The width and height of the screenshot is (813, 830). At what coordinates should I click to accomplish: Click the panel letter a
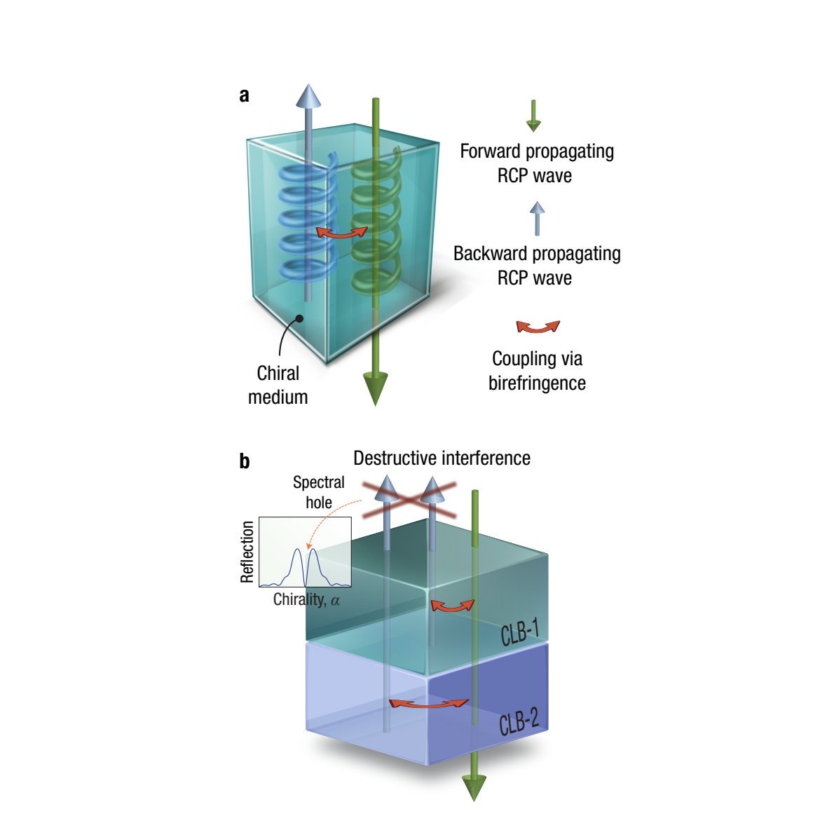tap(244, 95)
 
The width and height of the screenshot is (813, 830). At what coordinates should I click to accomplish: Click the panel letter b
tap(244, 461)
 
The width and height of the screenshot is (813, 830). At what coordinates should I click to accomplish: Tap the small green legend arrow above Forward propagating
tap(533, 116)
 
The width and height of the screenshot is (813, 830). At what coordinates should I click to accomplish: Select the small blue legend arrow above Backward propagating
tap(537, 218)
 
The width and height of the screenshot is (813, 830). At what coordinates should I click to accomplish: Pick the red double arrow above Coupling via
tap(538, 327)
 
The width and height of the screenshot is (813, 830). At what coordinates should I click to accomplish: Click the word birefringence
tap(537, 383)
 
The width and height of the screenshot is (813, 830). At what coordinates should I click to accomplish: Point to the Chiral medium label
tap(278, 385)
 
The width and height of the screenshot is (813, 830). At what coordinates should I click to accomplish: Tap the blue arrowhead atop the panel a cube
tap(308, 96)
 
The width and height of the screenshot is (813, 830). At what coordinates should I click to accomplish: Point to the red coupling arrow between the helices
tap(341, 233)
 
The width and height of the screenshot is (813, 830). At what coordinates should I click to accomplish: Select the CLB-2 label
tap(519, 721)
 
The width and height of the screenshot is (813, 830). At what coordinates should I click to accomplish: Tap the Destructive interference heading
tap(442, 458)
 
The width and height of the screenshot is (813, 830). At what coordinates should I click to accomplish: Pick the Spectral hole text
tap(319, 492)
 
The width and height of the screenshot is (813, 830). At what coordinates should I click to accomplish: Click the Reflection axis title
tap(247, 552)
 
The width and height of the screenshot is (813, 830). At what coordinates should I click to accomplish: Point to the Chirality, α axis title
tap(306, 600)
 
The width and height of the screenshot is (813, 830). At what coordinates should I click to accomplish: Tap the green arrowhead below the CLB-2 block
tap(474, 787)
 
